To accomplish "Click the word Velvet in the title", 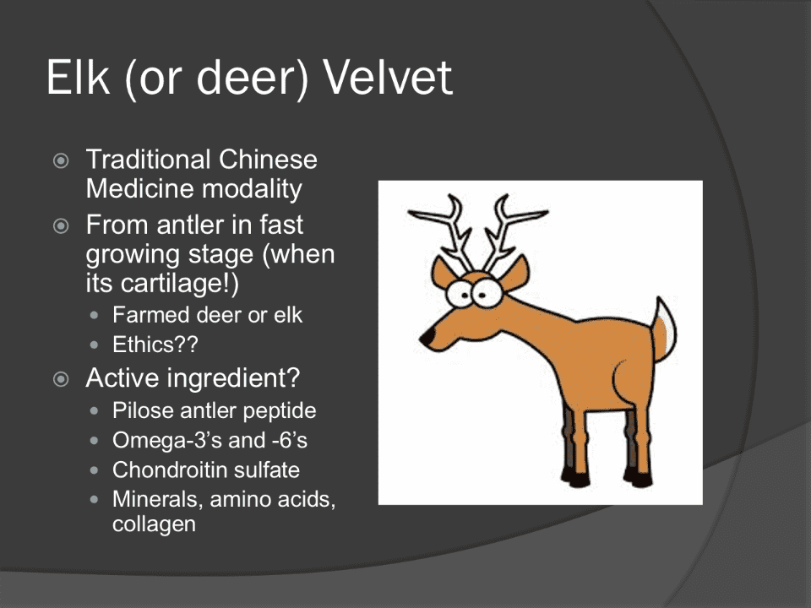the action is pos(388,78).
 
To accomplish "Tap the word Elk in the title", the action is pos(78,77).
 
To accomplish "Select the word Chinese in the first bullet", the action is pos(268,160).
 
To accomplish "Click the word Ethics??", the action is pos(155,345).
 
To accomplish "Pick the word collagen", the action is pos(154,524).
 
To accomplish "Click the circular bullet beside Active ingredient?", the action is pos(61,379).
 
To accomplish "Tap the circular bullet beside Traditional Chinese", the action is pos(61,160).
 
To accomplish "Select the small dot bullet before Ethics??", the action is pos(94,345).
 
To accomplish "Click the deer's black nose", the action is pos(427,338).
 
